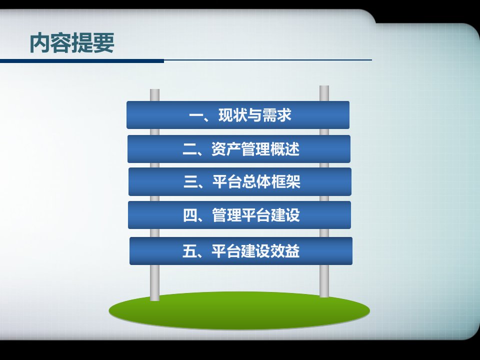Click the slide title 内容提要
click(x=72, y=43)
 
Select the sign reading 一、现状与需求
click(x=238, y=115)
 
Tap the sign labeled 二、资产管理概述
click(x=239, y=149)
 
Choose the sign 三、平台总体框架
click(x=239, y=181)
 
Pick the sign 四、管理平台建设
click(x=239, y=215)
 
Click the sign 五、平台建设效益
click(x=241, y=250)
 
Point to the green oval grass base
click(x=239, y=310)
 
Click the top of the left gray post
click(x=154, y=89)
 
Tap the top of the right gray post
click(x=324, y=86)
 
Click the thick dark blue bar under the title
click(x=81, y=61)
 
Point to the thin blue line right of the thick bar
click(x=268, y=60)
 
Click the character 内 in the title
click(x=39, y=43)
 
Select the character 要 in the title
click(x=104, y=43)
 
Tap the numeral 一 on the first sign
click(x=196, y=115)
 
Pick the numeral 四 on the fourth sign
click(x=190, y=215)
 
